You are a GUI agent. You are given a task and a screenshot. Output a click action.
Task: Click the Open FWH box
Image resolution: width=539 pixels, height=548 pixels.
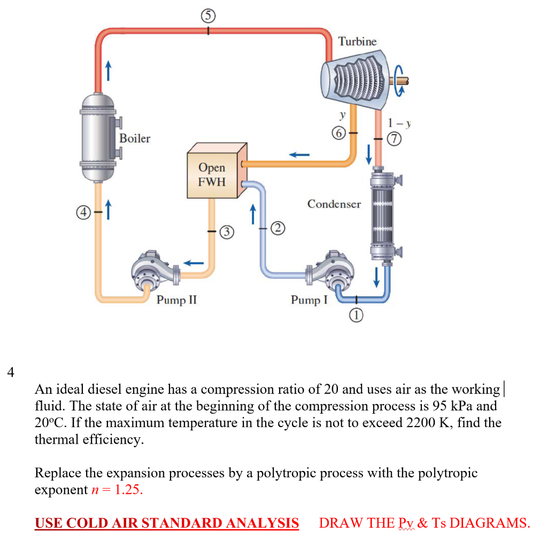[x=212, y=174]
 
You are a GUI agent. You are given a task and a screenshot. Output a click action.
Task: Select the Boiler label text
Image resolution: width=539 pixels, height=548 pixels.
[x=135, y=139]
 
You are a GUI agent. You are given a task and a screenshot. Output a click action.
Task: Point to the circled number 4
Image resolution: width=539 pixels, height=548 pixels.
[x=82, y=212]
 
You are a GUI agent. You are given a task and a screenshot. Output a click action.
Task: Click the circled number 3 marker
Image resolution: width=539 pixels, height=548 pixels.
[x=227, y=232]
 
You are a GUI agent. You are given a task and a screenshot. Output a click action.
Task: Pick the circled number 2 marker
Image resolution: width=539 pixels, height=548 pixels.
[x=277, y=229]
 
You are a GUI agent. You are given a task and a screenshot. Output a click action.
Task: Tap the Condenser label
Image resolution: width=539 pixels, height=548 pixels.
[x=334, y=204]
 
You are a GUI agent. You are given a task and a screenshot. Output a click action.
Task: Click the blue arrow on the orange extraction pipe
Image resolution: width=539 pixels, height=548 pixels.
[x=300, y=154]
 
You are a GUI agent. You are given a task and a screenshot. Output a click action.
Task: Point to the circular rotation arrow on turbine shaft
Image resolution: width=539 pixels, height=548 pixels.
[x=401, y=80]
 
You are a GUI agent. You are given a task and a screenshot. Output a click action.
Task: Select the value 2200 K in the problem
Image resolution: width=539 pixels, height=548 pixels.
[x=427, y=423]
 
